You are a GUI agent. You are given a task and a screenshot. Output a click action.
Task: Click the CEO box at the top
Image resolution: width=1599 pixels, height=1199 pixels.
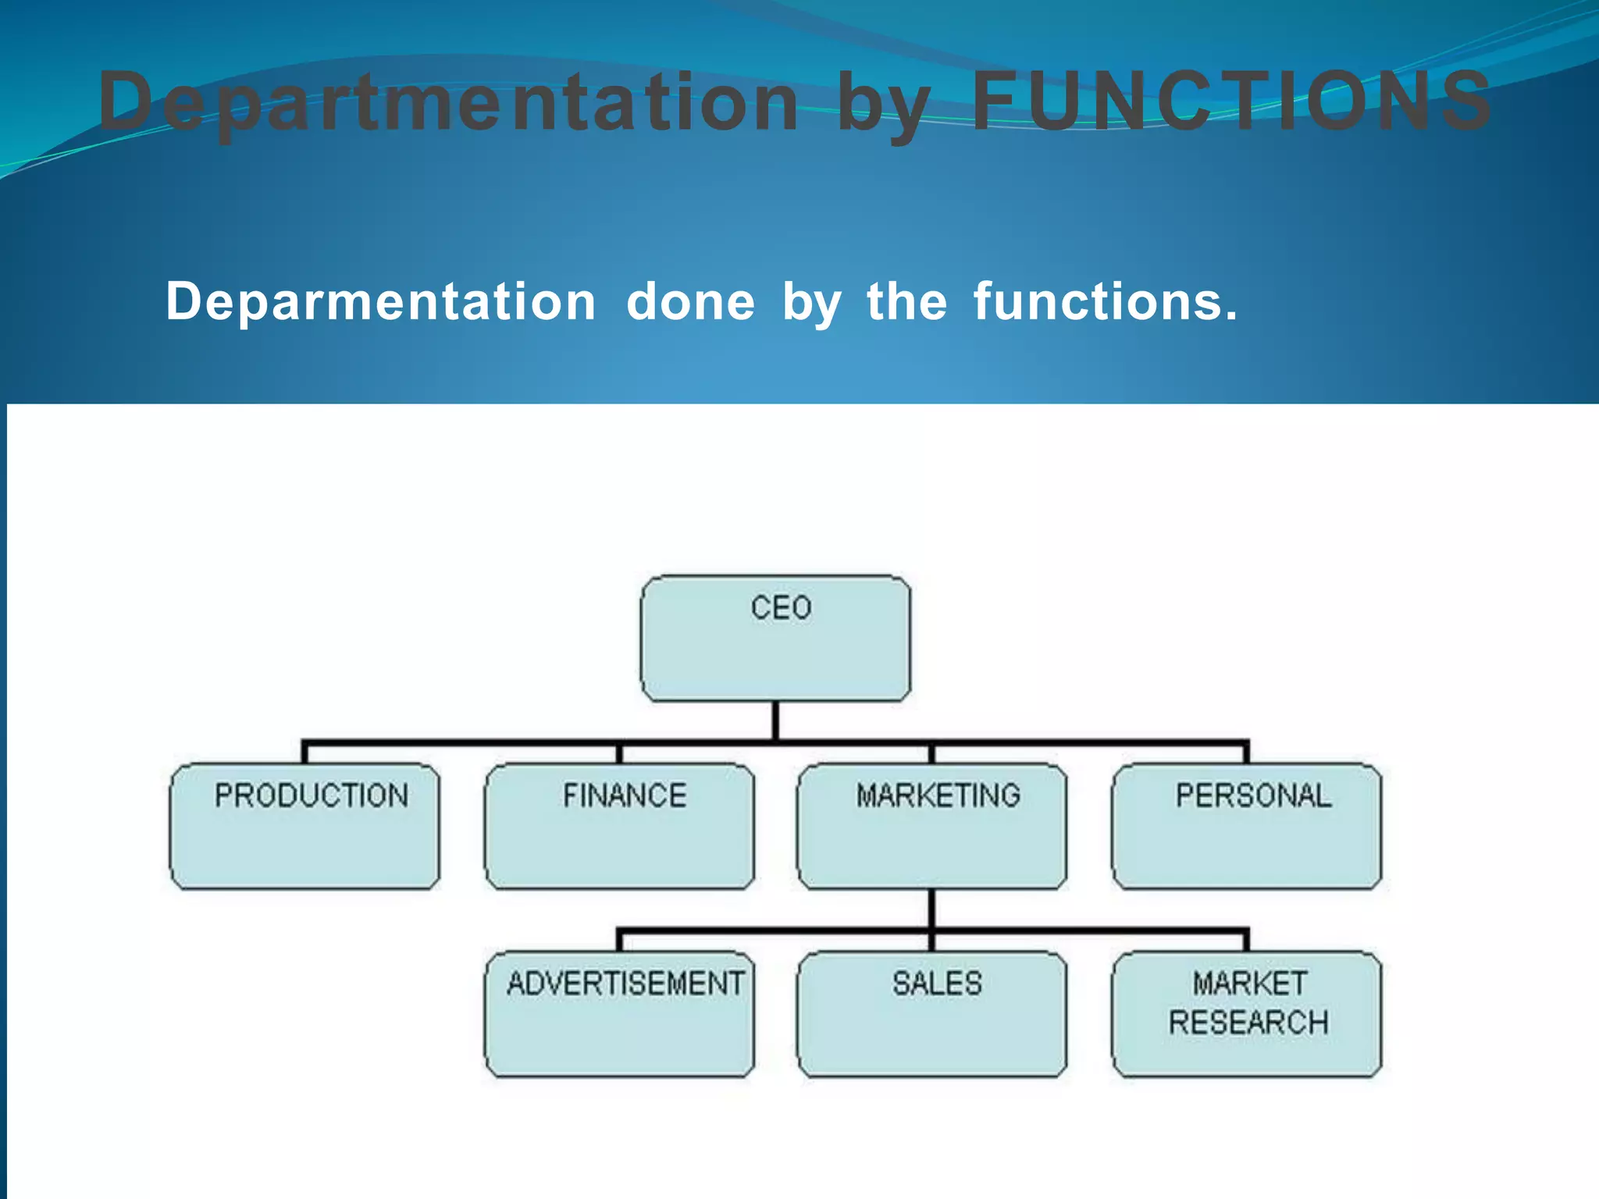pyautogui.click(x=775, y=638)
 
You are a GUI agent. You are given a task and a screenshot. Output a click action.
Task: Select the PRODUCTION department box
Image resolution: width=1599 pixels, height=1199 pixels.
pyautogui.click(x=304, y=826)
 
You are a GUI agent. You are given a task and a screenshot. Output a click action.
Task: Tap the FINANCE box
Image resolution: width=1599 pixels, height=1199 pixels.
pyautogui.click(x=619, y=826)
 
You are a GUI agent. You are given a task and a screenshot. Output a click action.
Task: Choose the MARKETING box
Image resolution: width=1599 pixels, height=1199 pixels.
pyautogui.click(x=931, y=826)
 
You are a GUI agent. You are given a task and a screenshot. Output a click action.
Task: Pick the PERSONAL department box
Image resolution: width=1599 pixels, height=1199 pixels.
pyautogui.click(x=1246, y=826)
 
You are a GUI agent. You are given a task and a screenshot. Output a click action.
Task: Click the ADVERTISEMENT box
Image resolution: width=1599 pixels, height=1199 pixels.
pyautogui.click(x=619, y=1014)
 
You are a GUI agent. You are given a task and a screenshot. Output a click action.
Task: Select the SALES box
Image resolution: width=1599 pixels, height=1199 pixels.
pyautogui.click(x=931, y=1014)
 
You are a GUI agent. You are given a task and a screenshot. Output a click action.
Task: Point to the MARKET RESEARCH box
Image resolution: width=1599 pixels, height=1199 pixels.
pyautogui.click(x=1246, y=1014)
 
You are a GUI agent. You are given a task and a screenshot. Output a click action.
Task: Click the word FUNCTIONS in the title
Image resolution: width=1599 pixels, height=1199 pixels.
pyautogui.click(x=1232, y=101)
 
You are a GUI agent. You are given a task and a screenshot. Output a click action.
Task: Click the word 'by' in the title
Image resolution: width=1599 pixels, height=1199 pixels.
pyautogui.click(x=884, y=105)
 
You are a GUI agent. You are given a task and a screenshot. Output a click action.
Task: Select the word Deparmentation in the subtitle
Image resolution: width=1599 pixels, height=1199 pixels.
pyautogui.click(x=381, y=301)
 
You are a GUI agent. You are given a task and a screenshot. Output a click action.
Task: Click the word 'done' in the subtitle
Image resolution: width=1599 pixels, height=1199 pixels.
pyautogui.click(x=691, y=301)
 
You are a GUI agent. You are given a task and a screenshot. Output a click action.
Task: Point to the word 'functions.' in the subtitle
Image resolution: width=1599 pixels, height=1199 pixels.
pyautogui.click(x=1105, y=301)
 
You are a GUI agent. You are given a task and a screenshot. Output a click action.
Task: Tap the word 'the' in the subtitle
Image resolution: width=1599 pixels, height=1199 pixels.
pyautogui.click(x=906, y=301)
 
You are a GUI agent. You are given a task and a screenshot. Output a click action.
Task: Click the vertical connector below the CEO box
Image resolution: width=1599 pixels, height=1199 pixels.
pyautogui.click(x=775, y=720)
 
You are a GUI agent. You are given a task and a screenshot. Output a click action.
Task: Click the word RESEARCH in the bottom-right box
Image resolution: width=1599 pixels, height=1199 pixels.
pyautogui.click(x=1248, y=1023)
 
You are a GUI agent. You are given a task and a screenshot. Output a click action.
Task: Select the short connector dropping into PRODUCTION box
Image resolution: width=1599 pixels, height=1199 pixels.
pyautogui.click(x=304, y=753)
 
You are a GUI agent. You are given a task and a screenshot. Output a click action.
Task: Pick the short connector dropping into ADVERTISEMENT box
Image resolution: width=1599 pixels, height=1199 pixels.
pyautogui.click(x=619, y=941)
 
